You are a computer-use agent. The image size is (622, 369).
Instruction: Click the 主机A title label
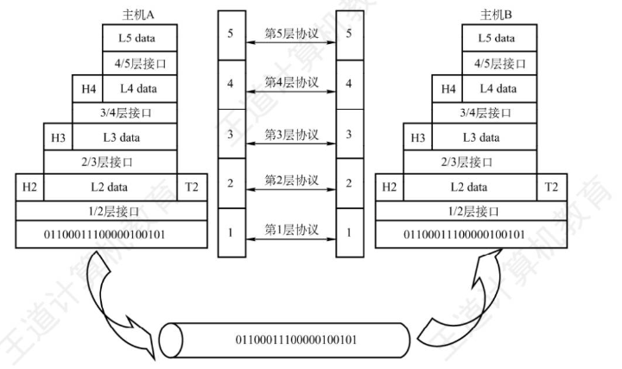coord(137,15)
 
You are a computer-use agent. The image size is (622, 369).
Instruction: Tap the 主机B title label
coord(496,15)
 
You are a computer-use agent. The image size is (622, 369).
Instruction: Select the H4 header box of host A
coord(87,89)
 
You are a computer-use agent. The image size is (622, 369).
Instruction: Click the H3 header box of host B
coord(418,137)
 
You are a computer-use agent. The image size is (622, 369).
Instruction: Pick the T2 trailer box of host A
coord(192,187)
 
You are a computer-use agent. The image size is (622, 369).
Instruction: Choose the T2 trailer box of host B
coord(552,187)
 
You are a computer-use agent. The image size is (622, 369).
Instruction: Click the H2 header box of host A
coord(29,187)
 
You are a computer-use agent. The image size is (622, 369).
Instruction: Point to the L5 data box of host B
coord(499,38)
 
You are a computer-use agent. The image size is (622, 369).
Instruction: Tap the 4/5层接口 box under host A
coord(140,63)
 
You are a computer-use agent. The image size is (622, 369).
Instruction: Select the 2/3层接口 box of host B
coord(470,162)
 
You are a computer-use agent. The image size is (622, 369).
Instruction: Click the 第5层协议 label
coord(292,34)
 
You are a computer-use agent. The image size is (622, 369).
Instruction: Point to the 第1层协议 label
coord(292,230)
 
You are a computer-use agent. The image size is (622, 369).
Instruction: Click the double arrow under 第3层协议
coord(291,143)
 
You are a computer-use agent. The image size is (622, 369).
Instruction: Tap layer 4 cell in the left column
coord(232,85)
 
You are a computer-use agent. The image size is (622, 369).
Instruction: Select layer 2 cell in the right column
coord(350,183)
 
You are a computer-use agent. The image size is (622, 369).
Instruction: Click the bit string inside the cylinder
coord(296,340)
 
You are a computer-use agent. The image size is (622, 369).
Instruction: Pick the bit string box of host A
coord(111,234)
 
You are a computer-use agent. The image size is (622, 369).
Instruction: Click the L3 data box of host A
coord(124,137)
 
